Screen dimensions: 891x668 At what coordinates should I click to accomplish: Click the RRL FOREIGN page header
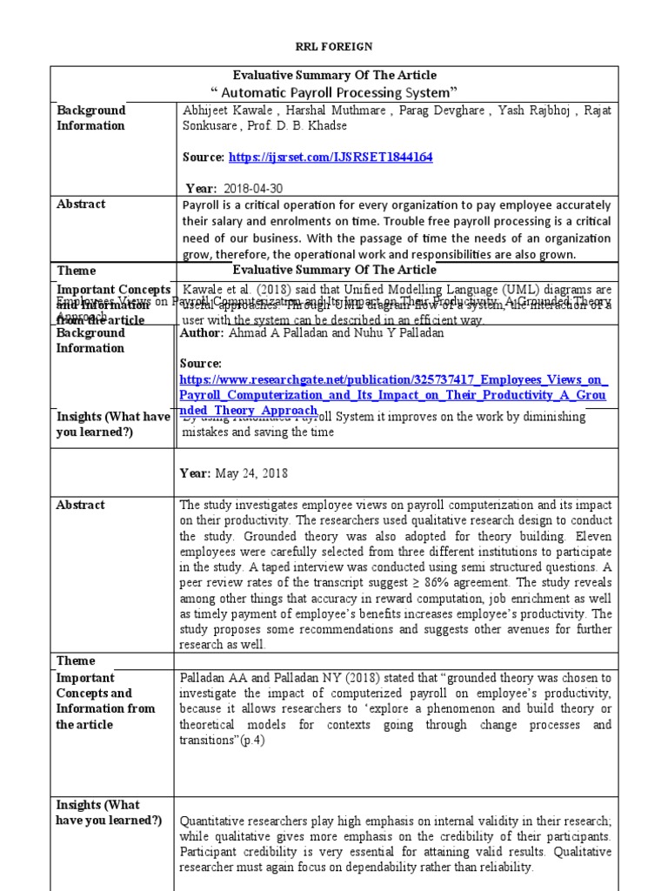click(x=334, y=46)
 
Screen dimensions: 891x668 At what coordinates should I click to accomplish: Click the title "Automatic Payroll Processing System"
click(x=335, y=92)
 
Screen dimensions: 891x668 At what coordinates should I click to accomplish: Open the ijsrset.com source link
click(x=331, y=157)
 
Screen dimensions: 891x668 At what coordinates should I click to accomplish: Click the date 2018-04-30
click(x=253, y=189)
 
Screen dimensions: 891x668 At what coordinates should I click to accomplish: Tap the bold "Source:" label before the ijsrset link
click(x=204, y=157)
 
